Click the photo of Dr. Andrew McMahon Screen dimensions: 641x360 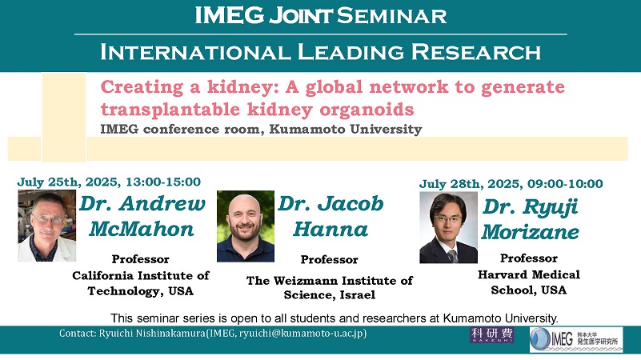pos(46,225)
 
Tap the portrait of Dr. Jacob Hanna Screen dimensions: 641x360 pos(246,226)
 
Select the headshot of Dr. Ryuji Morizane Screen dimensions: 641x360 pos(448,227)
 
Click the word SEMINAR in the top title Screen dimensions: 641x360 pos(391,16)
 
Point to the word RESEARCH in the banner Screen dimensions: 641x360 pos(476,52)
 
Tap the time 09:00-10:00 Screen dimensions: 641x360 pos(565,183)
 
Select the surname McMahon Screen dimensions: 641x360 pos(142,229)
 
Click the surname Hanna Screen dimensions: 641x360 pos(331,229)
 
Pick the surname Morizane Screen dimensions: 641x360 pos(531,232)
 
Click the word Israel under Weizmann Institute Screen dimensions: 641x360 pos(357,295)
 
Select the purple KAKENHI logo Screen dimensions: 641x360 pos(492,335)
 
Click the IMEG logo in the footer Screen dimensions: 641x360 pos(576,339)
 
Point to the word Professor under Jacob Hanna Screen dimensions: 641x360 pos(329,260)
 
